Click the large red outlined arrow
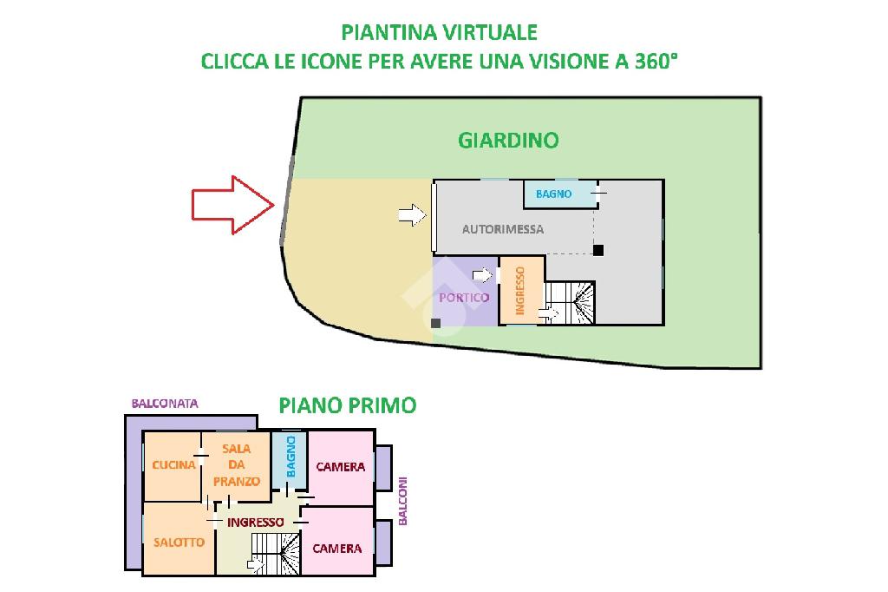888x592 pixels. click(x=232, y=205)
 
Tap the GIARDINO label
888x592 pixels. click(x=508, y=140)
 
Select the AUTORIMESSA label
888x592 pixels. click(x=503, y=229)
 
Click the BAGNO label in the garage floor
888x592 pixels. click(x=553, y=194)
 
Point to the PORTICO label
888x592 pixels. click(x=464, y=298)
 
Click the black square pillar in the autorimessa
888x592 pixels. click(x=598, y=250)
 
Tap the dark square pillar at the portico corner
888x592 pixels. click(x=435, y=323)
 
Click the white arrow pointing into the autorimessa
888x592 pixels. click(x=412, y=215)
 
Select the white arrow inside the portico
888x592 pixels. click(x=482, y=275)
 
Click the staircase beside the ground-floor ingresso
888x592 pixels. click(x=569, y=303)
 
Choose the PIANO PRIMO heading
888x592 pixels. click(x=348, y=405)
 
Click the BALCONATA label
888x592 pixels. click(x=165, y=404)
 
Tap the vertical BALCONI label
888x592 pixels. click(x=402, y=501)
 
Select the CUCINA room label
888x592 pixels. click(x=173, y=465)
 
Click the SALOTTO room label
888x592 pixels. click(x=179, y=543)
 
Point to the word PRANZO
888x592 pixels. click(x=237, y=482)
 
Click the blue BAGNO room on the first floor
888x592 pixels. click(x=290, y=460)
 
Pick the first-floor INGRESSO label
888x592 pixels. click(x=256, y=523)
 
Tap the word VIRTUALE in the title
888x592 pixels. click(x=487, y=32)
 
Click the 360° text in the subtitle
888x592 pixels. click(x=656, y=61)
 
